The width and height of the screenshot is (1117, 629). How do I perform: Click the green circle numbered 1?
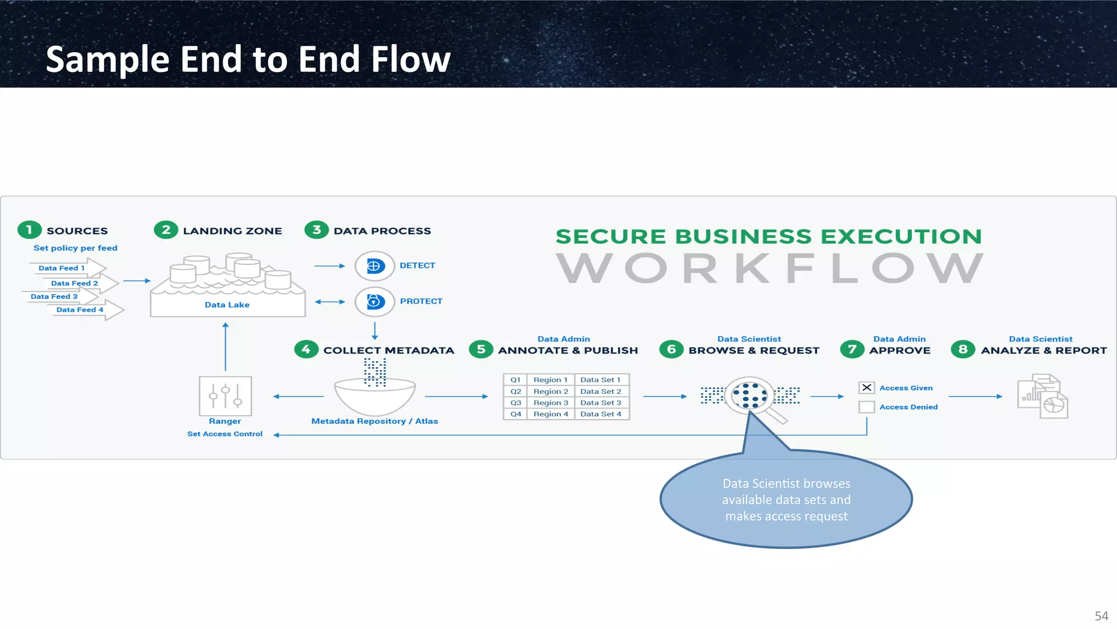coord(29,230)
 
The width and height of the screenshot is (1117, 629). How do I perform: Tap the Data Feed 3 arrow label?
coord(54,297)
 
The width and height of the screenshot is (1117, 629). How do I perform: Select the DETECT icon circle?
coord(374,266)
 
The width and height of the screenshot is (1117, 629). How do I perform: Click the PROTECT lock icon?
coord(374,302)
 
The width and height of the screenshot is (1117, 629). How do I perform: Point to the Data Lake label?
coord(227,305)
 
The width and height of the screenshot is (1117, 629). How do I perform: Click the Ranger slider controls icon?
coord(225,396)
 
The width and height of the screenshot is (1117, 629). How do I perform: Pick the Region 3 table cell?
coord(550,403)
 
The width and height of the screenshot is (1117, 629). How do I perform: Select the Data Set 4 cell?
coord(600,414)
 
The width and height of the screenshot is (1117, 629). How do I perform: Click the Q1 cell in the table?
coord(515,380)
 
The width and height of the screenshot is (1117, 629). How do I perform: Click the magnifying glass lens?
coord(749,396)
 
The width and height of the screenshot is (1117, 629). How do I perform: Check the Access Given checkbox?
coord(867,388)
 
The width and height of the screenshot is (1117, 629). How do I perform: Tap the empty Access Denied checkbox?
coord(867,407)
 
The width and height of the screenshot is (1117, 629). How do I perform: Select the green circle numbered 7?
coord(852,350)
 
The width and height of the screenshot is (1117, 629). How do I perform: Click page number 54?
coord(1101,616)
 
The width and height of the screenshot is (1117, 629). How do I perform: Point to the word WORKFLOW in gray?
coord(769,268)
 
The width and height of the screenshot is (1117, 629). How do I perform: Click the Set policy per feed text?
coord(75,248)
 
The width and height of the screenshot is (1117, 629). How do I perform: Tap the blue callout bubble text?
coord(786,500)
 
